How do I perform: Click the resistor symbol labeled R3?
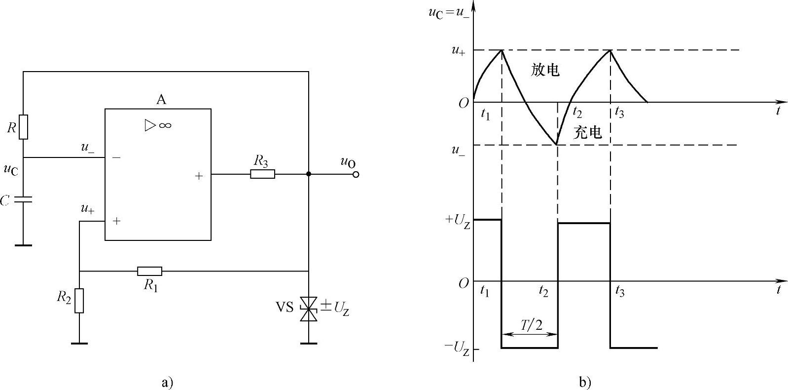coord(262,174)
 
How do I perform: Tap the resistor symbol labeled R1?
coord(149,271)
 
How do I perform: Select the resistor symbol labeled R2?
coord(79,301)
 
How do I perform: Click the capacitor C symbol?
coord(23,200)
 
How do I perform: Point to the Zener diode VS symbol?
coord(309,310)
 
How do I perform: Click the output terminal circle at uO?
coord(356,174)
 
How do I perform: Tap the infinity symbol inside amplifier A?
coord(165,125)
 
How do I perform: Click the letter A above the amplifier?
coord(161,100)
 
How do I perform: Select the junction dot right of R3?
coord(309,174)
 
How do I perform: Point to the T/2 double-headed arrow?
coord(530,334)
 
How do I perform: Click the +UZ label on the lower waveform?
coord(457,220)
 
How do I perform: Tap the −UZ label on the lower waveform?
coord(457,348)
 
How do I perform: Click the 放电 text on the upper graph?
coord(545,70)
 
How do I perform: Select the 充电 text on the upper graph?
coord(588,132)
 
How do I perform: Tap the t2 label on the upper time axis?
coord(577,113)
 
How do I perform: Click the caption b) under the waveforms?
coord(585,382)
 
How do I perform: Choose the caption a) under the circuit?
coord(167,382)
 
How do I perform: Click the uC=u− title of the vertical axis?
coord(449,11)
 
